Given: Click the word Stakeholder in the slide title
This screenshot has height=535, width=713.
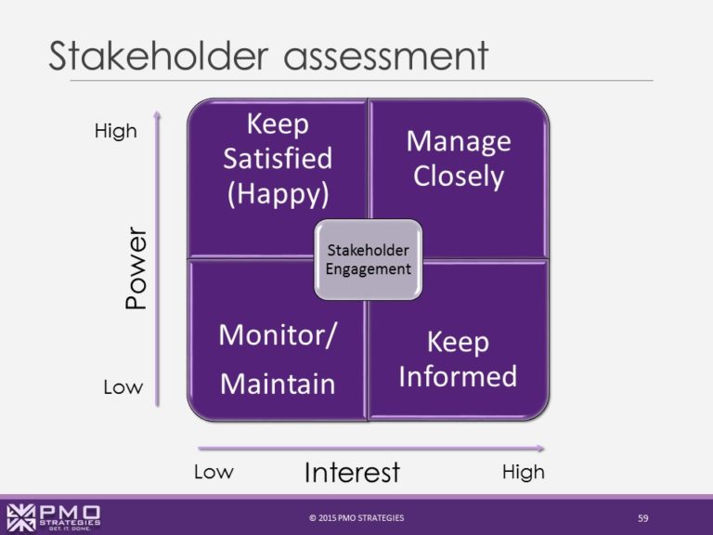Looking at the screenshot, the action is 159,56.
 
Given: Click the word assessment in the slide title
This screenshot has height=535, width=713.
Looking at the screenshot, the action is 386,57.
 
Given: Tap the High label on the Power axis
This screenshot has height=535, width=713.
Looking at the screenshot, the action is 115,131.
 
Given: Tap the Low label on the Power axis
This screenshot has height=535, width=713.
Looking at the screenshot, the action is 123,387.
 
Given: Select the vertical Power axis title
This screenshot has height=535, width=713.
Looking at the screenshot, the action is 136,268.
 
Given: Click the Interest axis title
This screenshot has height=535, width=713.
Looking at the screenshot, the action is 352,472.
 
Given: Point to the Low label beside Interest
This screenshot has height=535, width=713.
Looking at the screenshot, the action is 214,472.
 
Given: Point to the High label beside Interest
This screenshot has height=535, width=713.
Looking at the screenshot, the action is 524,472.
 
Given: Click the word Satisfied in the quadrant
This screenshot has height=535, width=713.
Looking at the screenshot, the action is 278,158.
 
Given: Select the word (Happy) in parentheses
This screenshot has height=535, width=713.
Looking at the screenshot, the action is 278,194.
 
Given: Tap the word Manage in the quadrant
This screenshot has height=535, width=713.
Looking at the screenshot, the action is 459,142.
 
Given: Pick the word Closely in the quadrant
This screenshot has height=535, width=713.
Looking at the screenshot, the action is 459,176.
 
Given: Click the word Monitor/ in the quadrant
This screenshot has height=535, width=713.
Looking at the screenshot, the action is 278,335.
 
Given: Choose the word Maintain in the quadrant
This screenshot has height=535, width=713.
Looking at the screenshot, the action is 278,384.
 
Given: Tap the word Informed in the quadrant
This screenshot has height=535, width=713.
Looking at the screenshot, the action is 458,376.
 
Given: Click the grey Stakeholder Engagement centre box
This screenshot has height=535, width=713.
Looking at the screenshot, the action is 369,260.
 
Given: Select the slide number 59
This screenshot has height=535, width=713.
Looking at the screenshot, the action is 643,518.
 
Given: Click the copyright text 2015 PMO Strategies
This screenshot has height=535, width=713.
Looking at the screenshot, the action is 356,517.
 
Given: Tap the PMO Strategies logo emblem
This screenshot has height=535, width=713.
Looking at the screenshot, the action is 21,517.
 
